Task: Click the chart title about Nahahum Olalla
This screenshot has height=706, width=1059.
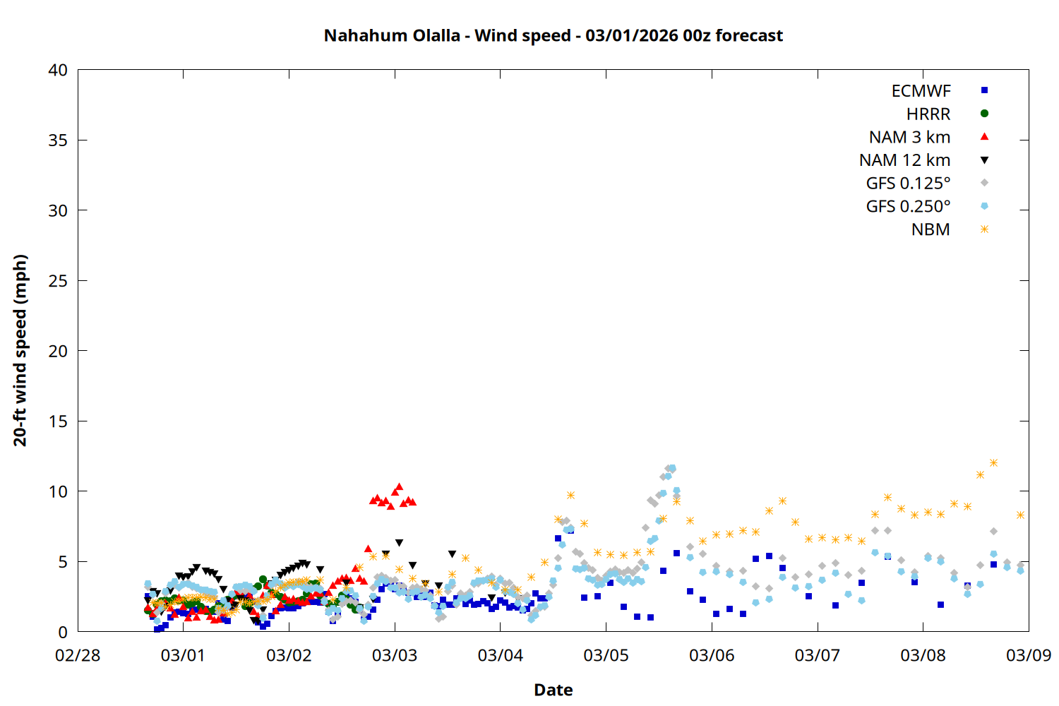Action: (553, 35)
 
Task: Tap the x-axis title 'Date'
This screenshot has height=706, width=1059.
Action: (553, 690)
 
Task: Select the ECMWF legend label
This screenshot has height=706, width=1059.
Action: (921, 91)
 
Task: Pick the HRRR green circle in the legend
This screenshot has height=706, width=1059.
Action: (984, 114)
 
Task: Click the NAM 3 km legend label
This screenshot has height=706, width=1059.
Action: (909, 137)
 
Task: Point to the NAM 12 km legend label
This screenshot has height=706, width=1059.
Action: (904, 160)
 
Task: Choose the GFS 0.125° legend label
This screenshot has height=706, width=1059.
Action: (908, 184)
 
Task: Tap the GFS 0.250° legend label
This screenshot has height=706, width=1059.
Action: (908, 207)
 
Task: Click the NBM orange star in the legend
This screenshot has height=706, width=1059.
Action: (984, 229)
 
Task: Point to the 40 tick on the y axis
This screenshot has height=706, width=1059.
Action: (58, 70)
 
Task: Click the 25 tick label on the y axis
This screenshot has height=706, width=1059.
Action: (58, 281)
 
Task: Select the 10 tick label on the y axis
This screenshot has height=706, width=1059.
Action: (58, 491)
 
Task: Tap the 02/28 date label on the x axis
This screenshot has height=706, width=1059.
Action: (78, 655)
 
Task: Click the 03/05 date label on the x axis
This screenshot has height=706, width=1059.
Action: (606, 655)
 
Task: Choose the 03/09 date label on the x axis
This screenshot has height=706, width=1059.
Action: (1028, 655)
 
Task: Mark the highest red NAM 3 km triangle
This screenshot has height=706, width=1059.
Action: (399, 486)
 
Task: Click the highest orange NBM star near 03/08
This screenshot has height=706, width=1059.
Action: (993, 463)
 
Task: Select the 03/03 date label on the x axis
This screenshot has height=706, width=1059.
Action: (395, 655)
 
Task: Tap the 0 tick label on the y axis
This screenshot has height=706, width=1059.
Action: (63, 632)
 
